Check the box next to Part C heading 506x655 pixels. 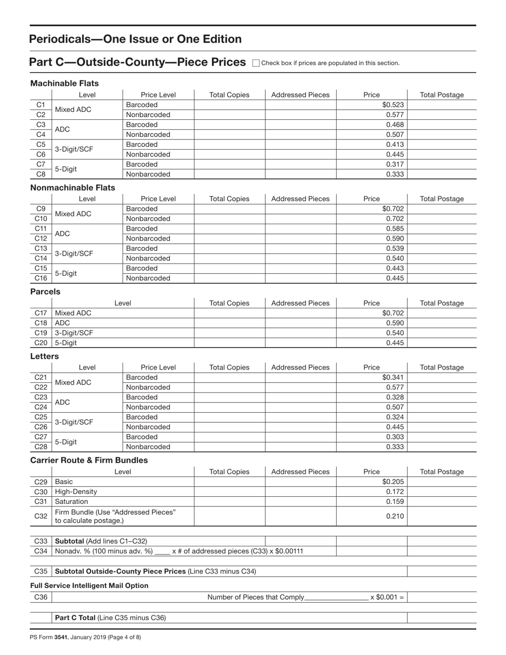point(255,63)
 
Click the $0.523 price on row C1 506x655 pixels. point(394,105)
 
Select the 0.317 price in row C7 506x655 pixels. point(395,164)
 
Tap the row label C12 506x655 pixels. point(40,239)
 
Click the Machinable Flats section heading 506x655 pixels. point(64,84)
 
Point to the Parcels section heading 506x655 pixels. point(45,292)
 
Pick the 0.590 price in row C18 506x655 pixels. point(395,323)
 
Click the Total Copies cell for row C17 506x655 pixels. point(229,313)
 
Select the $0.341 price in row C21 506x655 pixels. point(394,378)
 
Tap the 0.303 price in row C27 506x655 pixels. point(395,437)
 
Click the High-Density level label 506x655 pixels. point(76,492)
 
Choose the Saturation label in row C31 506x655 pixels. point(72,502)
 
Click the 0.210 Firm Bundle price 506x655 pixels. point(395,516)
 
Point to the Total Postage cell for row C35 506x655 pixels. point(442,571)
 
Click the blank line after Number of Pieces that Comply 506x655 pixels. point(337,598)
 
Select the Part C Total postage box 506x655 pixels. point(442,618)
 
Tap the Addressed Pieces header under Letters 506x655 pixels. point(300,367)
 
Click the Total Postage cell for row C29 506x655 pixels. point(442,482)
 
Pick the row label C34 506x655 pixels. point(40,551)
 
